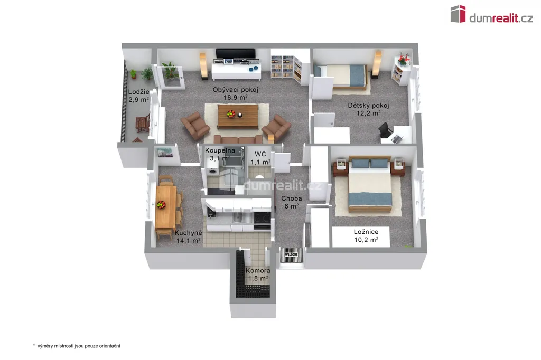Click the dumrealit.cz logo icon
pos(458,14)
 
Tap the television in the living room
pos(236,54)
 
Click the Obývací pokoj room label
pos(235,90)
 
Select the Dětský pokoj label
pos(368,106)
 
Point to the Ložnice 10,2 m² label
pos(366,236)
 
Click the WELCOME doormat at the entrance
pos(292,254)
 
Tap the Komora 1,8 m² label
pos(258,274)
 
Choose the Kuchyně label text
pos(189,233)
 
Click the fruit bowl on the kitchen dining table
pos(161,204)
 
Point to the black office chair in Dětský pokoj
pos(385,130)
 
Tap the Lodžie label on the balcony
pos(139,92)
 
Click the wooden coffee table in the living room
pos(238,116)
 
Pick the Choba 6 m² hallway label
pos(292,202)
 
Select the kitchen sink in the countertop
pos(237,217)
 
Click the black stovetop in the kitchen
pos(262,217)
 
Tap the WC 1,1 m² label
pos(260,158)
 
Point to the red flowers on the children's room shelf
pos(403,59)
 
